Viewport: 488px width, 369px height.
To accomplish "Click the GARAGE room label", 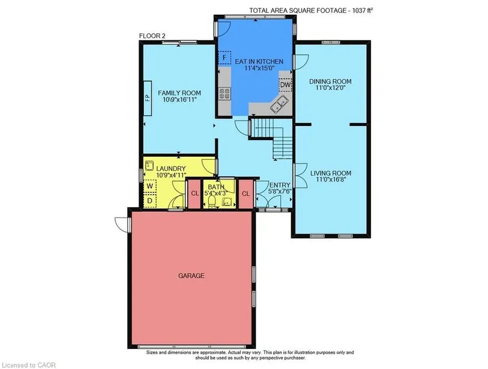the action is (x=191, y=276).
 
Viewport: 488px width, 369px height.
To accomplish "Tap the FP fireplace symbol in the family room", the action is (x=147, y=98).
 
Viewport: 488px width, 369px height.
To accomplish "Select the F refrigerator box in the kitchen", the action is (x=224, y=57).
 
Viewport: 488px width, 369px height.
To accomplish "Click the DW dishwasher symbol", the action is (x=285, y=85).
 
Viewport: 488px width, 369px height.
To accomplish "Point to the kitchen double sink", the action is (x=279, y=105).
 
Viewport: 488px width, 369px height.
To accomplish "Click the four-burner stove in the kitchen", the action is (x=224, y=93).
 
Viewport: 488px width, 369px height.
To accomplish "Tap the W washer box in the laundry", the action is (x=150, y=186).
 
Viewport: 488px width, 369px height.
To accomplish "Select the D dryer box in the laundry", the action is (x=150, y=201).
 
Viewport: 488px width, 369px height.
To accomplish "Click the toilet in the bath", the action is (x=212, y=202).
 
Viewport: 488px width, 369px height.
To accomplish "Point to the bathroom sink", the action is (x=227, y=202).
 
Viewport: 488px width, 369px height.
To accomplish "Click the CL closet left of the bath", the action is (x=195, y=193).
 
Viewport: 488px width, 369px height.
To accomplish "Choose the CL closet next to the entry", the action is (x=246, y=193).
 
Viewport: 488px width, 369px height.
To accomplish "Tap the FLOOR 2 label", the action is (x=152, y=36).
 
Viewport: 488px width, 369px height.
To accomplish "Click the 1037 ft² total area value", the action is (x=363, y=10).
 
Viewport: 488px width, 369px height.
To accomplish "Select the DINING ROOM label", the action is (x=330, y=82).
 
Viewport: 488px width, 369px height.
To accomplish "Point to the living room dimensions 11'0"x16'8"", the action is (x=331, y=180).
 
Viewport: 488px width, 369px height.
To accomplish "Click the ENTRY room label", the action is (x=279, y=185).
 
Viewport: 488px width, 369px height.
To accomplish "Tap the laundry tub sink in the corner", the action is (x=150, y=165).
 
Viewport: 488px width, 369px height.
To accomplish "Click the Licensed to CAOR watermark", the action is (x=28, y=365).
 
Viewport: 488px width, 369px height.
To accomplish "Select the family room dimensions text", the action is (x=179, y=99).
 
